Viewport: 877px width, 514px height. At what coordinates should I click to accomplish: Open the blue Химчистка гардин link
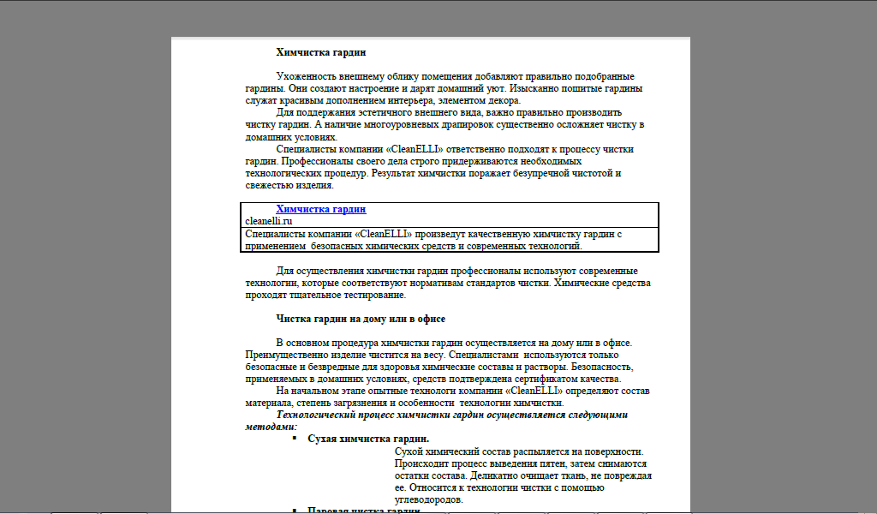tap(320, 209)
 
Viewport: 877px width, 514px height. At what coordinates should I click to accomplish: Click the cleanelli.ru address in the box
tap(269, 221)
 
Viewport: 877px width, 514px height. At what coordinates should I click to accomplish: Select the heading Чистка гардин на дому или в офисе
tap(361, 319)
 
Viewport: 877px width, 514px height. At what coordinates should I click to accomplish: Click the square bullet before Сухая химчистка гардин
tap(293, 439)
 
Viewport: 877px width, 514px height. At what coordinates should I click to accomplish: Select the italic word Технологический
tap(323, 415)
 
